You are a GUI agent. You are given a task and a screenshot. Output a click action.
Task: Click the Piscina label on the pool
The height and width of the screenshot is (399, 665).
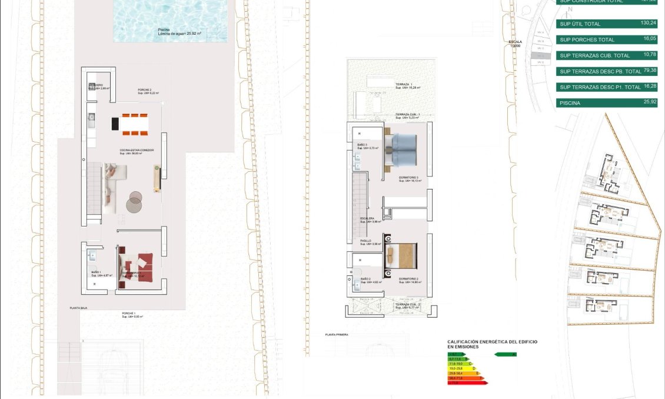coord(164,29)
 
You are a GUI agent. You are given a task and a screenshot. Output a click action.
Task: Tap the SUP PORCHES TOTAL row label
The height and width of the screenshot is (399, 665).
coord(587,40)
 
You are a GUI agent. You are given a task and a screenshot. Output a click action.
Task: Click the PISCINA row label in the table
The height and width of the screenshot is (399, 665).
coord(570,103)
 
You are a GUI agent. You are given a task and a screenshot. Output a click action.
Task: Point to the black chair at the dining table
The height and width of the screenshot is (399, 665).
coord(115,124)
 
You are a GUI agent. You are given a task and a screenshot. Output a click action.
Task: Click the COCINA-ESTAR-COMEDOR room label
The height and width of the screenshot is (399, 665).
coord(137,151)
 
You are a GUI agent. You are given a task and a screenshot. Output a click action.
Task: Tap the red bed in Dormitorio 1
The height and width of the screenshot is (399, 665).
coord(139,266)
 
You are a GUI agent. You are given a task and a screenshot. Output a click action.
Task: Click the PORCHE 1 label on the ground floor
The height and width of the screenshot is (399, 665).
coord(129,313)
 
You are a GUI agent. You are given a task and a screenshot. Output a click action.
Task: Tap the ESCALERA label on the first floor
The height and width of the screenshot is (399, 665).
coord(368,218)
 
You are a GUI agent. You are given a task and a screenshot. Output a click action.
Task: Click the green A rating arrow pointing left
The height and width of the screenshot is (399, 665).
coord(506,354)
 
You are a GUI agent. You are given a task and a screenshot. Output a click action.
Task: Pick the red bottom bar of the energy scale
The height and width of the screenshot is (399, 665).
coord(468,383)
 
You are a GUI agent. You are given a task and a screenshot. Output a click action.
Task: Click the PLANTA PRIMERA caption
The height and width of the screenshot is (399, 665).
coord(337,334)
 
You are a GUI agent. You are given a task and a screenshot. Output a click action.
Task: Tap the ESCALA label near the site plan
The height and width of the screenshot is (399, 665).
coord(516,42)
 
